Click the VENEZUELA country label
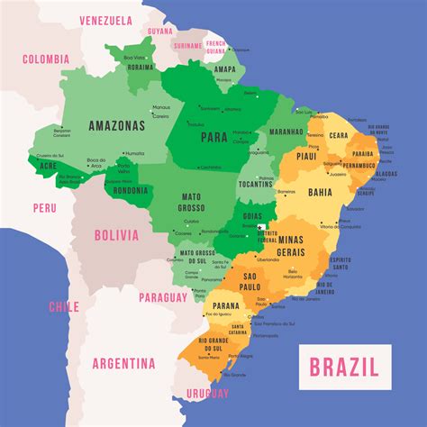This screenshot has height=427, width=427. click(105, 21)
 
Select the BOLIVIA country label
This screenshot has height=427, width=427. click(116, 235)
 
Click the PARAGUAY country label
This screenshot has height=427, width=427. click(164, 296)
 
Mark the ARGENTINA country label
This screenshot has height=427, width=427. click(123, 364)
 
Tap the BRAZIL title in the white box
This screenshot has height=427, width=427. click(344, 366)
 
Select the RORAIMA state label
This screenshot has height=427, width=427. click(141, 66)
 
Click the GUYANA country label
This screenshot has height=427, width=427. click(159, 30)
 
